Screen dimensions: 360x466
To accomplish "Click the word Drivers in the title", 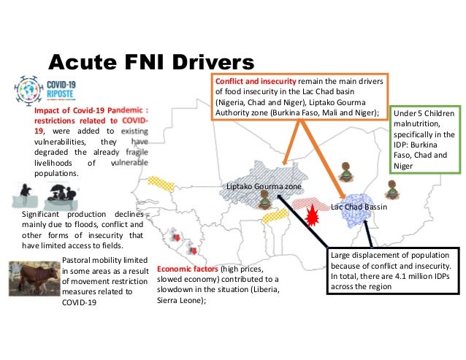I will pos(205,58).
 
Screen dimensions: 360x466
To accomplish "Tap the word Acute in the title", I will pos(78,58).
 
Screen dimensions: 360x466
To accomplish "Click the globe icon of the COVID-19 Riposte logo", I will pos(30,90).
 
